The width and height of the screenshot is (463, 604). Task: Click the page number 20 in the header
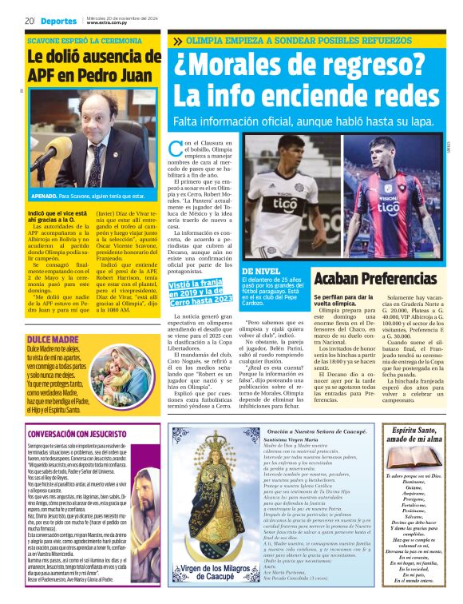pos(28,20)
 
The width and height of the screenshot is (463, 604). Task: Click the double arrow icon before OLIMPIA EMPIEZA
pos(176,40)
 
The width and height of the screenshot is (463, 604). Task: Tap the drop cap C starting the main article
pos(177,146)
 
